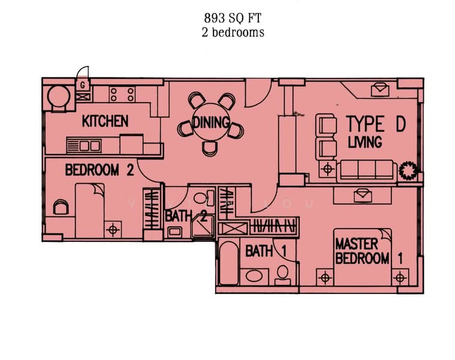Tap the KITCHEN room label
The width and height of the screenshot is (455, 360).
[106, 121]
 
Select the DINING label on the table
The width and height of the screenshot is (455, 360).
[212, 123]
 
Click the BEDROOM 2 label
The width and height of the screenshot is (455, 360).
[99, 170]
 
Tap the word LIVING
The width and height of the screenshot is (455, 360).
[365, 142]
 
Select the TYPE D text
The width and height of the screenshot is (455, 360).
[375, 124]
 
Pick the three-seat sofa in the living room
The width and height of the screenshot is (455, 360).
[366, 170]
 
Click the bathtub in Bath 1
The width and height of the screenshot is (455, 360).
[228, 262]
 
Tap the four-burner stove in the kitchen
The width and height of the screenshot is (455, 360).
[122, 94]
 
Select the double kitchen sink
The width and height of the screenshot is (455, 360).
[85, 145]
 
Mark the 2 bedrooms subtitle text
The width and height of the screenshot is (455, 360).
[233, 33]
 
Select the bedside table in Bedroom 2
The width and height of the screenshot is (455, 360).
[112, 228]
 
